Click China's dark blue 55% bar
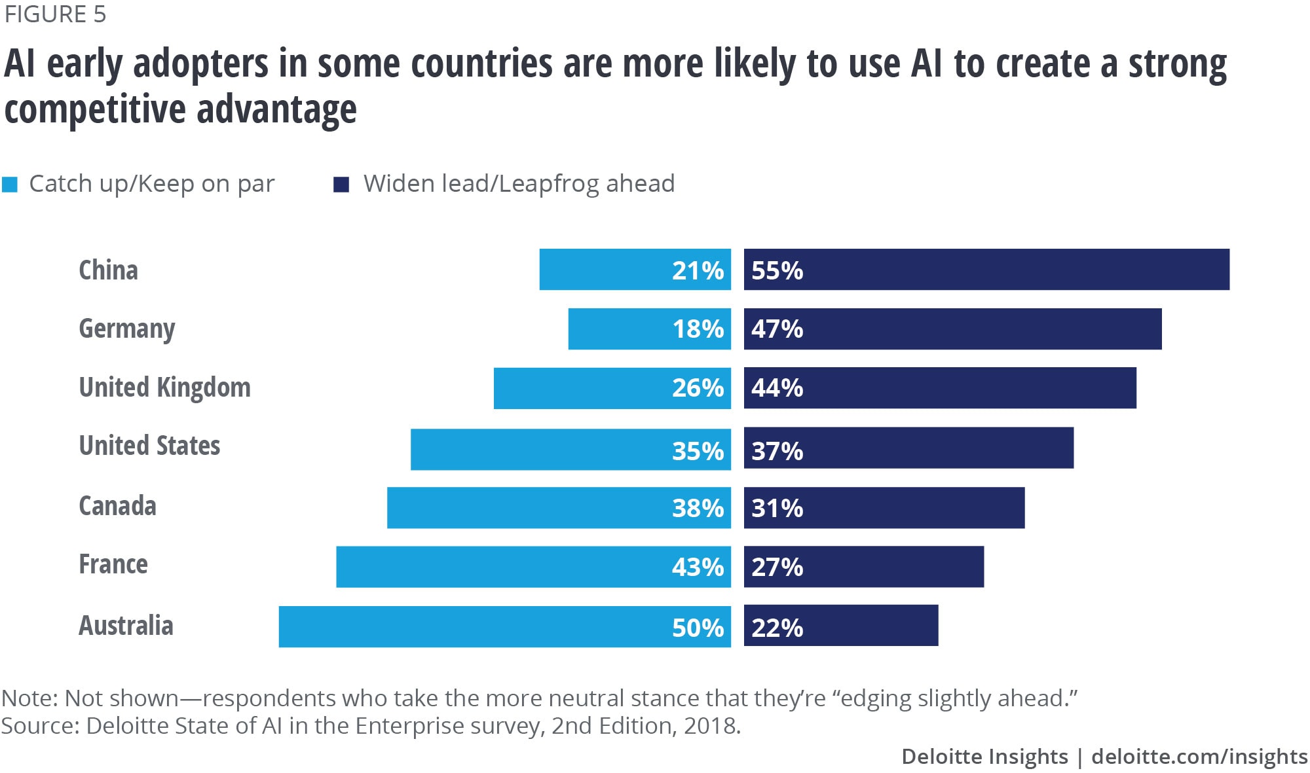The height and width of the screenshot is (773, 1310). coord(986,269)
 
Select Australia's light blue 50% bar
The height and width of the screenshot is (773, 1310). coord(504,626)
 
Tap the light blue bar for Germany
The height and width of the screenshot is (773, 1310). coord(649,329)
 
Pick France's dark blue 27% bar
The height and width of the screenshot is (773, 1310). coord(863,566)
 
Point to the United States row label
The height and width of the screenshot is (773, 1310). coord(149,446)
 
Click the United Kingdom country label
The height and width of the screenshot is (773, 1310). coord(164,387)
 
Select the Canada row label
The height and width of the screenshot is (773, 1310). coord(117,506)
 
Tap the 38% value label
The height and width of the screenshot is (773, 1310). coord(698,508)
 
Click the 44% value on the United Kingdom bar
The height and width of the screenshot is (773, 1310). coord(777,388)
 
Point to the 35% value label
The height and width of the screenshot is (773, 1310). coord(698,451)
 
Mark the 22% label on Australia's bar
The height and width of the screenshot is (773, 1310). coord(777,628)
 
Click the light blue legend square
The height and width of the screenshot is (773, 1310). coord(10,185)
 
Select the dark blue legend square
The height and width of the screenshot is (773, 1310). coord(341,185)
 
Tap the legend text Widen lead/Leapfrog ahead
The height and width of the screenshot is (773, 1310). coord(519,184)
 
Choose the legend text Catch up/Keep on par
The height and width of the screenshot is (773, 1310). coord(152,184)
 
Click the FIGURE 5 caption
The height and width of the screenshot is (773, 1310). coord(55,14)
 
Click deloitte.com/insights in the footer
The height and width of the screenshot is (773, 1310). coord(1199,757)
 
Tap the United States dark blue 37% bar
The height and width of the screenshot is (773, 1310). coord(908,448)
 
